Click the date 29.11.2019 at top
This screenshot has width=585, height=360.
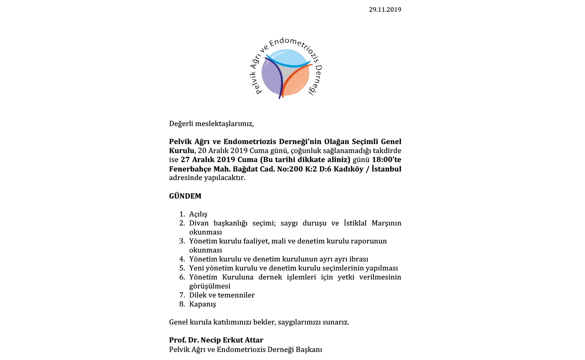coord(385,9)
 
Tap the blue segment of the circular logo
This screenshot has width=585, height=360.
coord(288,57)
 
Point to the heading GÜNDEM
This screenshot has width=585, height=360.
coord(185,196)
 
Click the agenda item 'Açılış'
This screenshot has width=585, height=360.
coord(198,214)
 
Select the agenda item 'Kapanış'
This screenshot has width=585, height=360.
coord(202,304)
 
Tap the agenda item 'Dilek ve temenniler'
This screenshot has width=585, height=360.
coord(222,295)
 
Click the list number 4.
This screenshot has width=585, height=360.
coord(182,259)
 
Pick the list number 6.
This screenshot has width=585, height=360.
coord(182,277)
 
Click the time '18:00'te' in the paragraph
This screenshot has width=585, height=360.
coord(387,159)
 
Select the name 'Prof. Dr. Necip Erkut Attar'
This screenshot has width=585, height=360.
coord(216,340)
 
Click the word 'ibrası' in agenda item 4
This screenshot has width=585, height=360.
coord(359,259)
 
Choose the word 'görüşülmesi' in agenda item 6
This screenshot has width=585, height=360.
coord(210,286)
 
